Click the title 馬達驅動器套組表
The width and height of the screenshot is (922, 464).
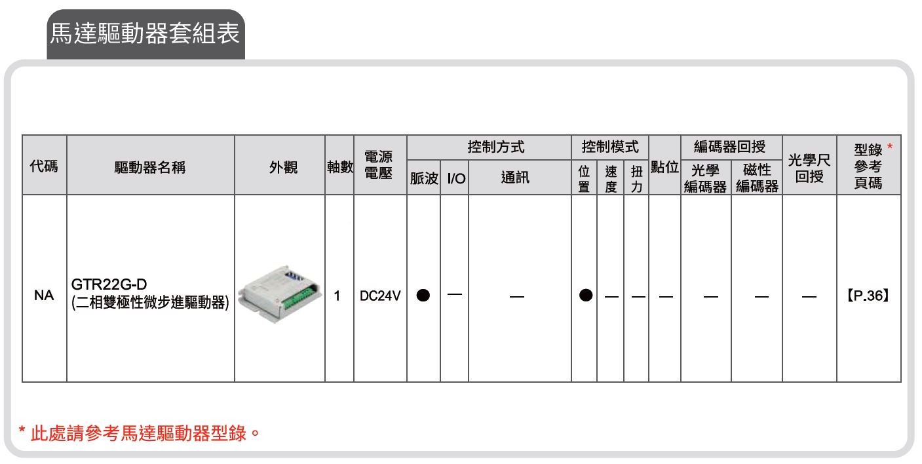click(145, 33)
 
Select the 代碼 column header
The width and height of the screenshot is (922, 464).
click(44, 166)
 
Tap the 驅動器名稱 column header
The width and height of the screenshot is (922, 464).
click(150, 168)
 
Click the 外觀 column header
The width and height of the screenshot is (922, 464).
click(283, 168)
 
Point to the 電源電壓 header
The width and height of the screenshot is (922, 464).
click(379, 164)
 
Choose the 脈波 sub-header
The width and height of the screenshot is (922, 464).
click(424, 178)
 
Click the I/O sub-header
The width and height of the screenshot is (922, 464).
click(456, 178)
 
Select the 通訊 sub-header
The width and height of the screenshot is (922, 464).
click(515, 178)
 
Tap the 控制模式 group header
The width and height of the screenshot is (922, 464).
click(610, 147)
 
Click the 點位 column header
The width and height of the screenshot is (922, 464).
click(664, 166)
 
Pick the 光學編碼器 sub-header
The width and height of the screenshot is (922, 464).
click(705, 178)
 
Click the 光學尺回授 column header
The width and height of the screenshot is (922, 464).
click(809, 168)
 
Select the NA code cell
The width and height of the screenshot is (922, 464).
click(44, 295)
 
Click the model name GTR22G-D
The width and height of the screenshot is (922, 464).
click(109, 284)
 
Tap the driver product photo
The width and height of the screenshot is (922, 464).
click(280, 294)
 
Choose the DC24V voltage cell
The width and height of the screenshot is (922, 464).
click(380, 296)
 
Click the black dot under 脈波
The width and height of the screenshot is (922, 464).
click(423, 295)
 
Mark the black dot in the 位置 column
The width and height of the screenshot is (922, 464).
click(586, 295)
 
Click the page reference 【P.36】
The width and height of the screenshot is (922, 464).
click(868, 296)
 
